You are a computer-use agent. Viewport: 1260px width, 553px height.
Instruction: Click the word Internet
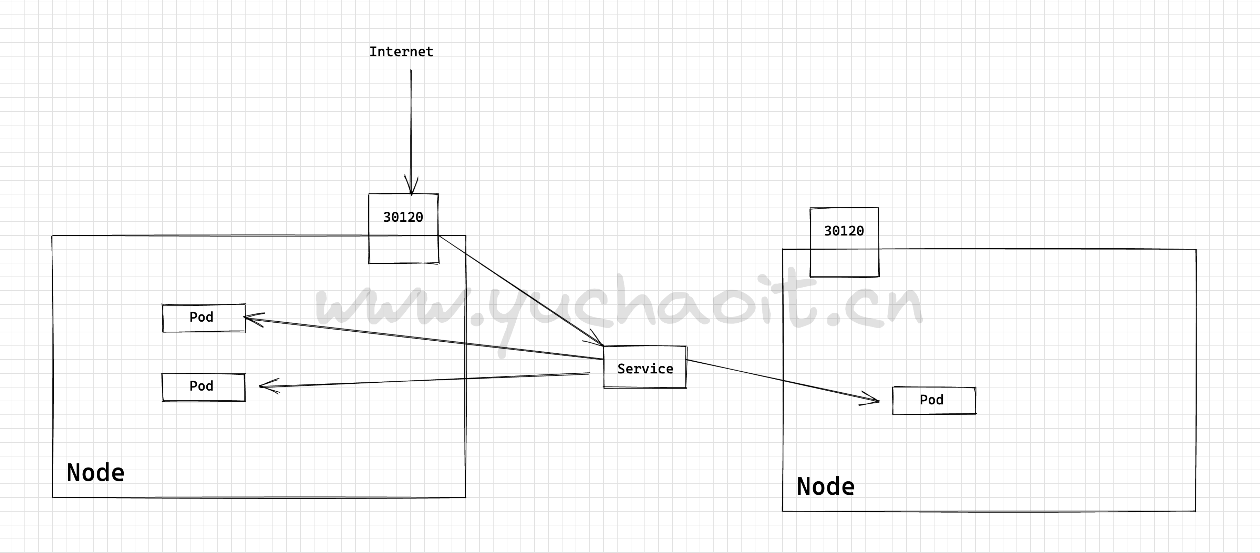(401, 52)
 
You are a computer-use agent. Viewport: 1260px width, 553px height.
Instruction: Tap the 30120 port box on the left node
(403, 217)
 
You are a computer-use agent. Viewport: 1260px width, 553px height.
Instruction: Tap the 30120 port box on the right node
(844, 231)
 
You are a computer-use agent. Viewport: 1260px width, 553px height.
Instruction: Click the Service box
(645, 368)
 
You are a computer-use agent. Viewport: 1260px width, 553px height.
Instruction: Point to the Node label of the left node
(95, 473)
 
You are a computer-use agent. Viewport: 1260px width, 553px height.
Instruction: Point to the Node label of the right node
(826, 486)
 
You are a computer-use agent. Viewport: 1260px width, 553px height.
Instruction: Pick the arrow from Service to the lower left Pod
(425, 380)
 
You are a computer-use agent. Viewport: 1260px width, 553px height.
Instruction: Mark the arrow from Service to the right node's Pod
(783, 381)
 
